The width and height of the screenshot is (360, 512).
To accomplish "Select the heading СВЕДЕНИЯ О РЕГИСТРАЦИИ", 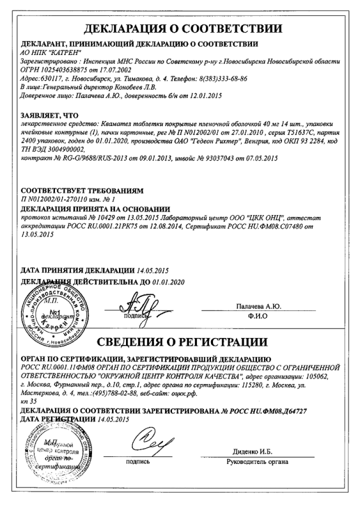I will (x=180, y=338).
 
